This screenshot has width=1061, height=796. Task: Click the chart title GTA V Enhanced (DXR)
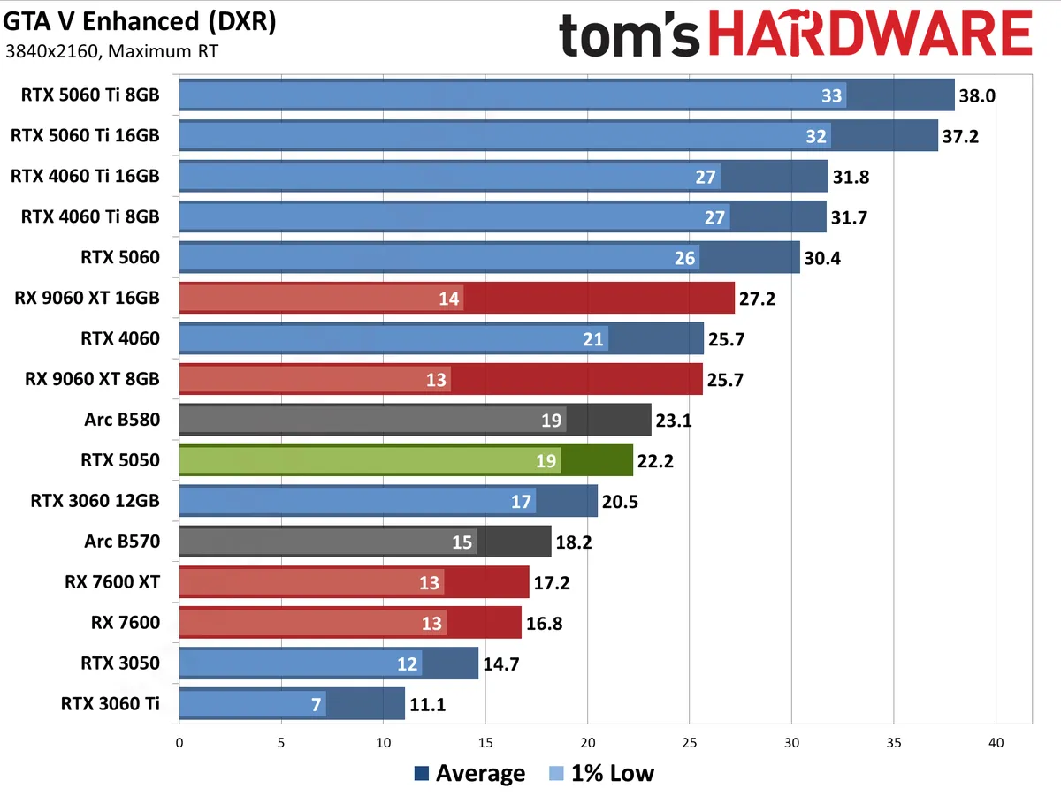(x=140, y=22)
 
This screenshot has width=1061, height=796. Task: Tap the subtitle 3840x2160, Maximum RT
(x=111, y=50)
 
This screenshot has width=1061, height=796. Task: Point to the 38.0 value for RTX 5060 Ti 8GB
(x=977, y=95)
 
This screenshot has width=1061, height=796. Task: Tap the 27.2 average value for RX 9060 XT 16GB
(x=757, y=299)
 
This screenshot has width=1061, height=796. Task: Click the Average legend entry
(x=469, y=774)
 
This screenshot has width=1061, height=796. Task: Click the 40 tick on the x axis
(x=996, y=742)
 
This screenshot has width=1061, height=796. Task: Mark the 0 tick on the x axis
(x=179, y=742)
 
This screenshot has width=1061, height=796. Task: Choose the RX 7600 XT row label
(x=112, y=582)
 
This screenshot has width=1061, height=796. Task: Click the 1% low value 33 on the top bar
(x=832, y=95)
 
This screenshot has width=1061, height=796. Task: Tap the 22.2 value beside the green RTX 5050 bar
(x=655, y=460)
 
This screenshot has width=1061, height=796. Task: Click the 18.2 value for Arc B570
(x=574, y=542)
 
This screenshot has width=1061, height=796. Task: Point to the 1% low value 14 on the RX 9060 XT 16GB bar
(x=449, y=299)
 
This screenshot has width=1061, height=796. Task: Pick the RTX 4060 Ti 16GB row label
(x=85, y=177)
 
